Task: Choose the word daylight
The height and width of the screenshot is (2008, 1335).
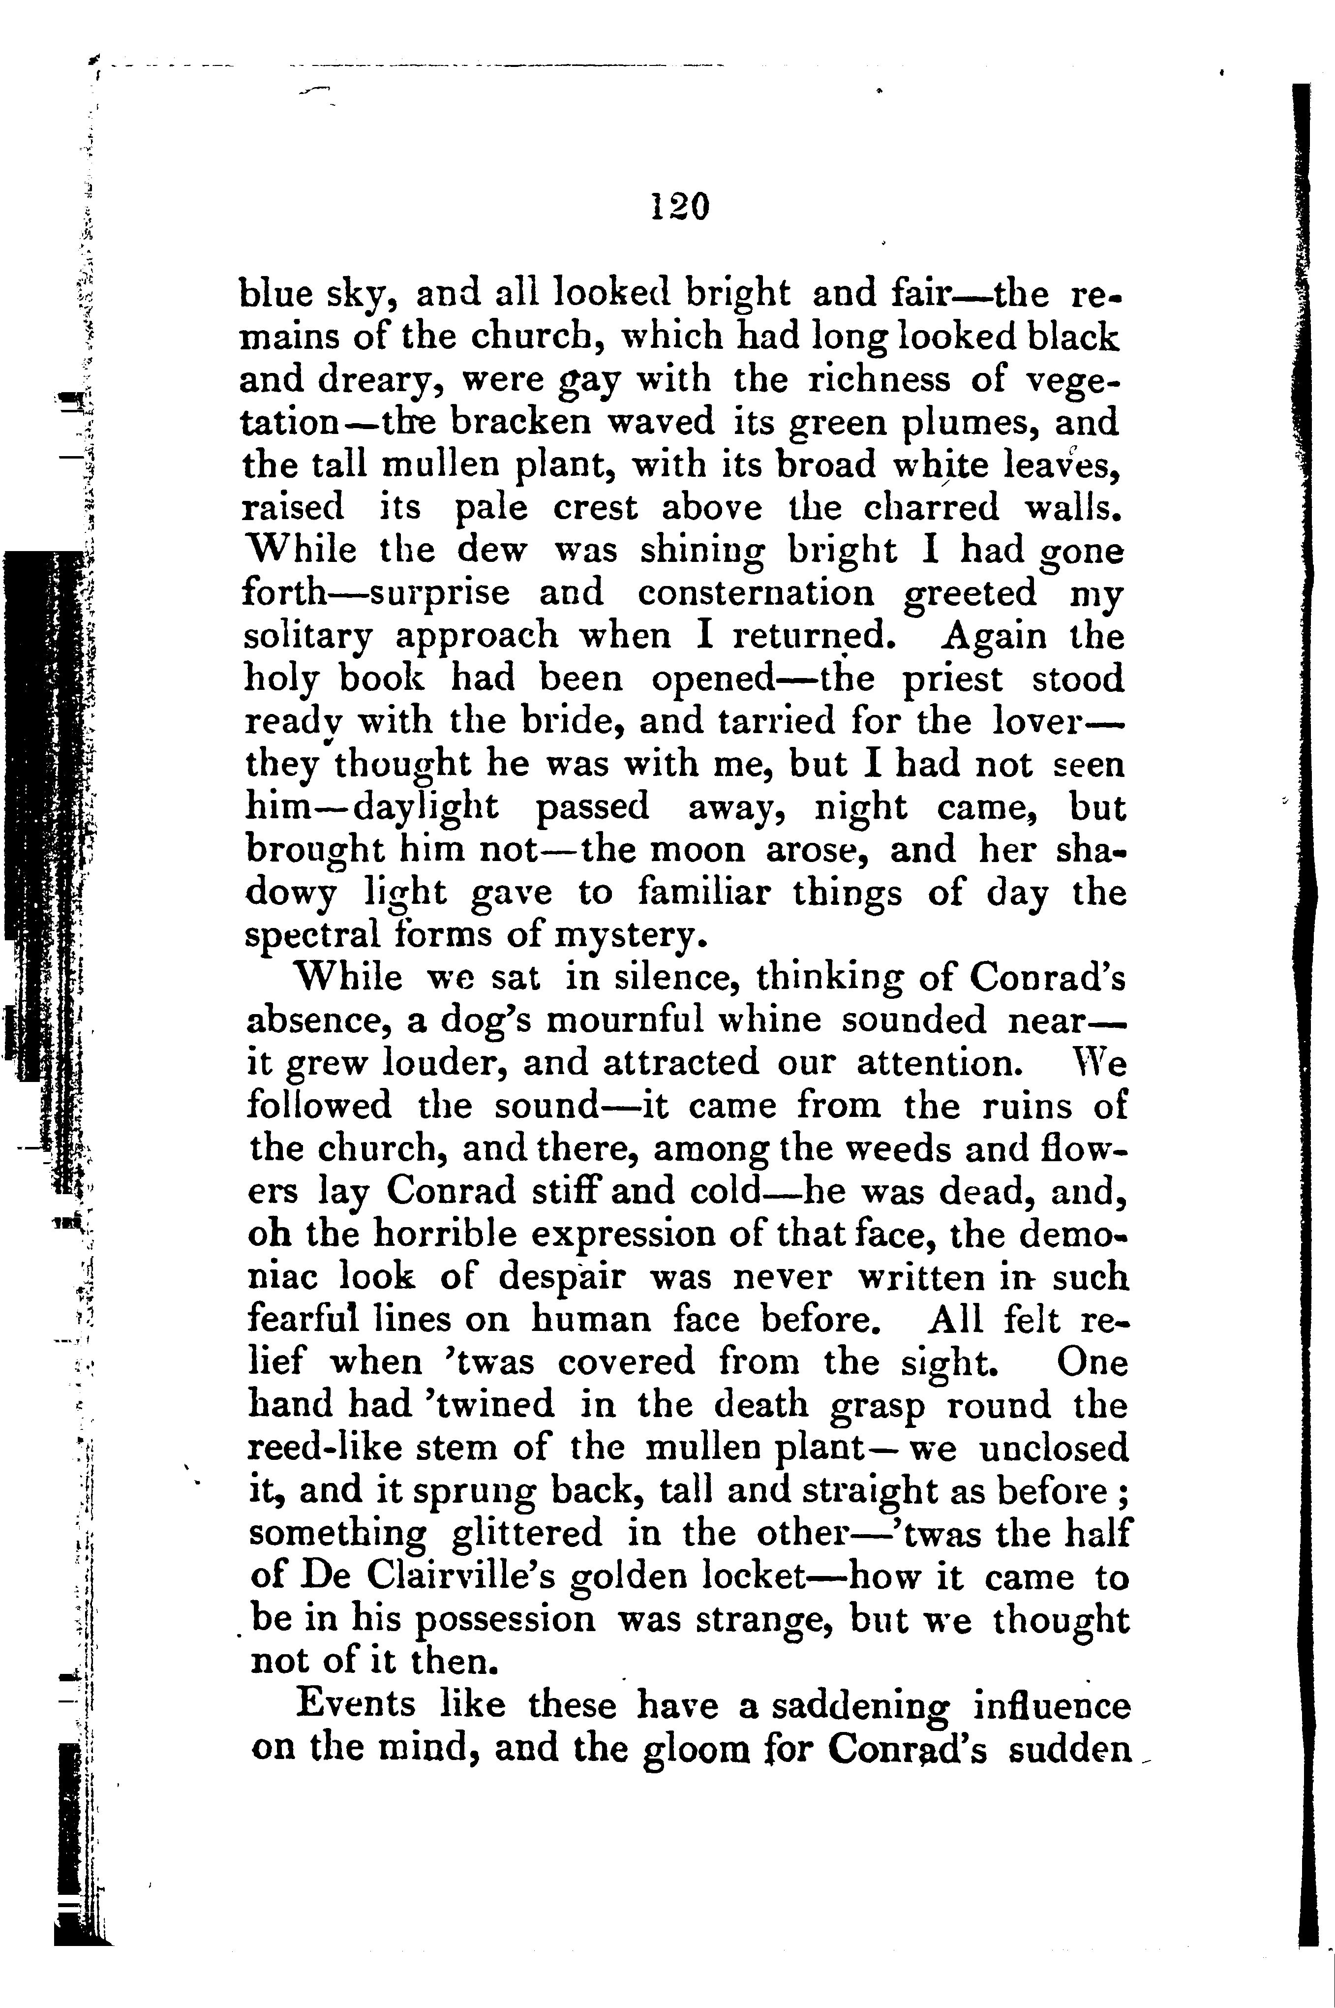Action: [x=425, y=806]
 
